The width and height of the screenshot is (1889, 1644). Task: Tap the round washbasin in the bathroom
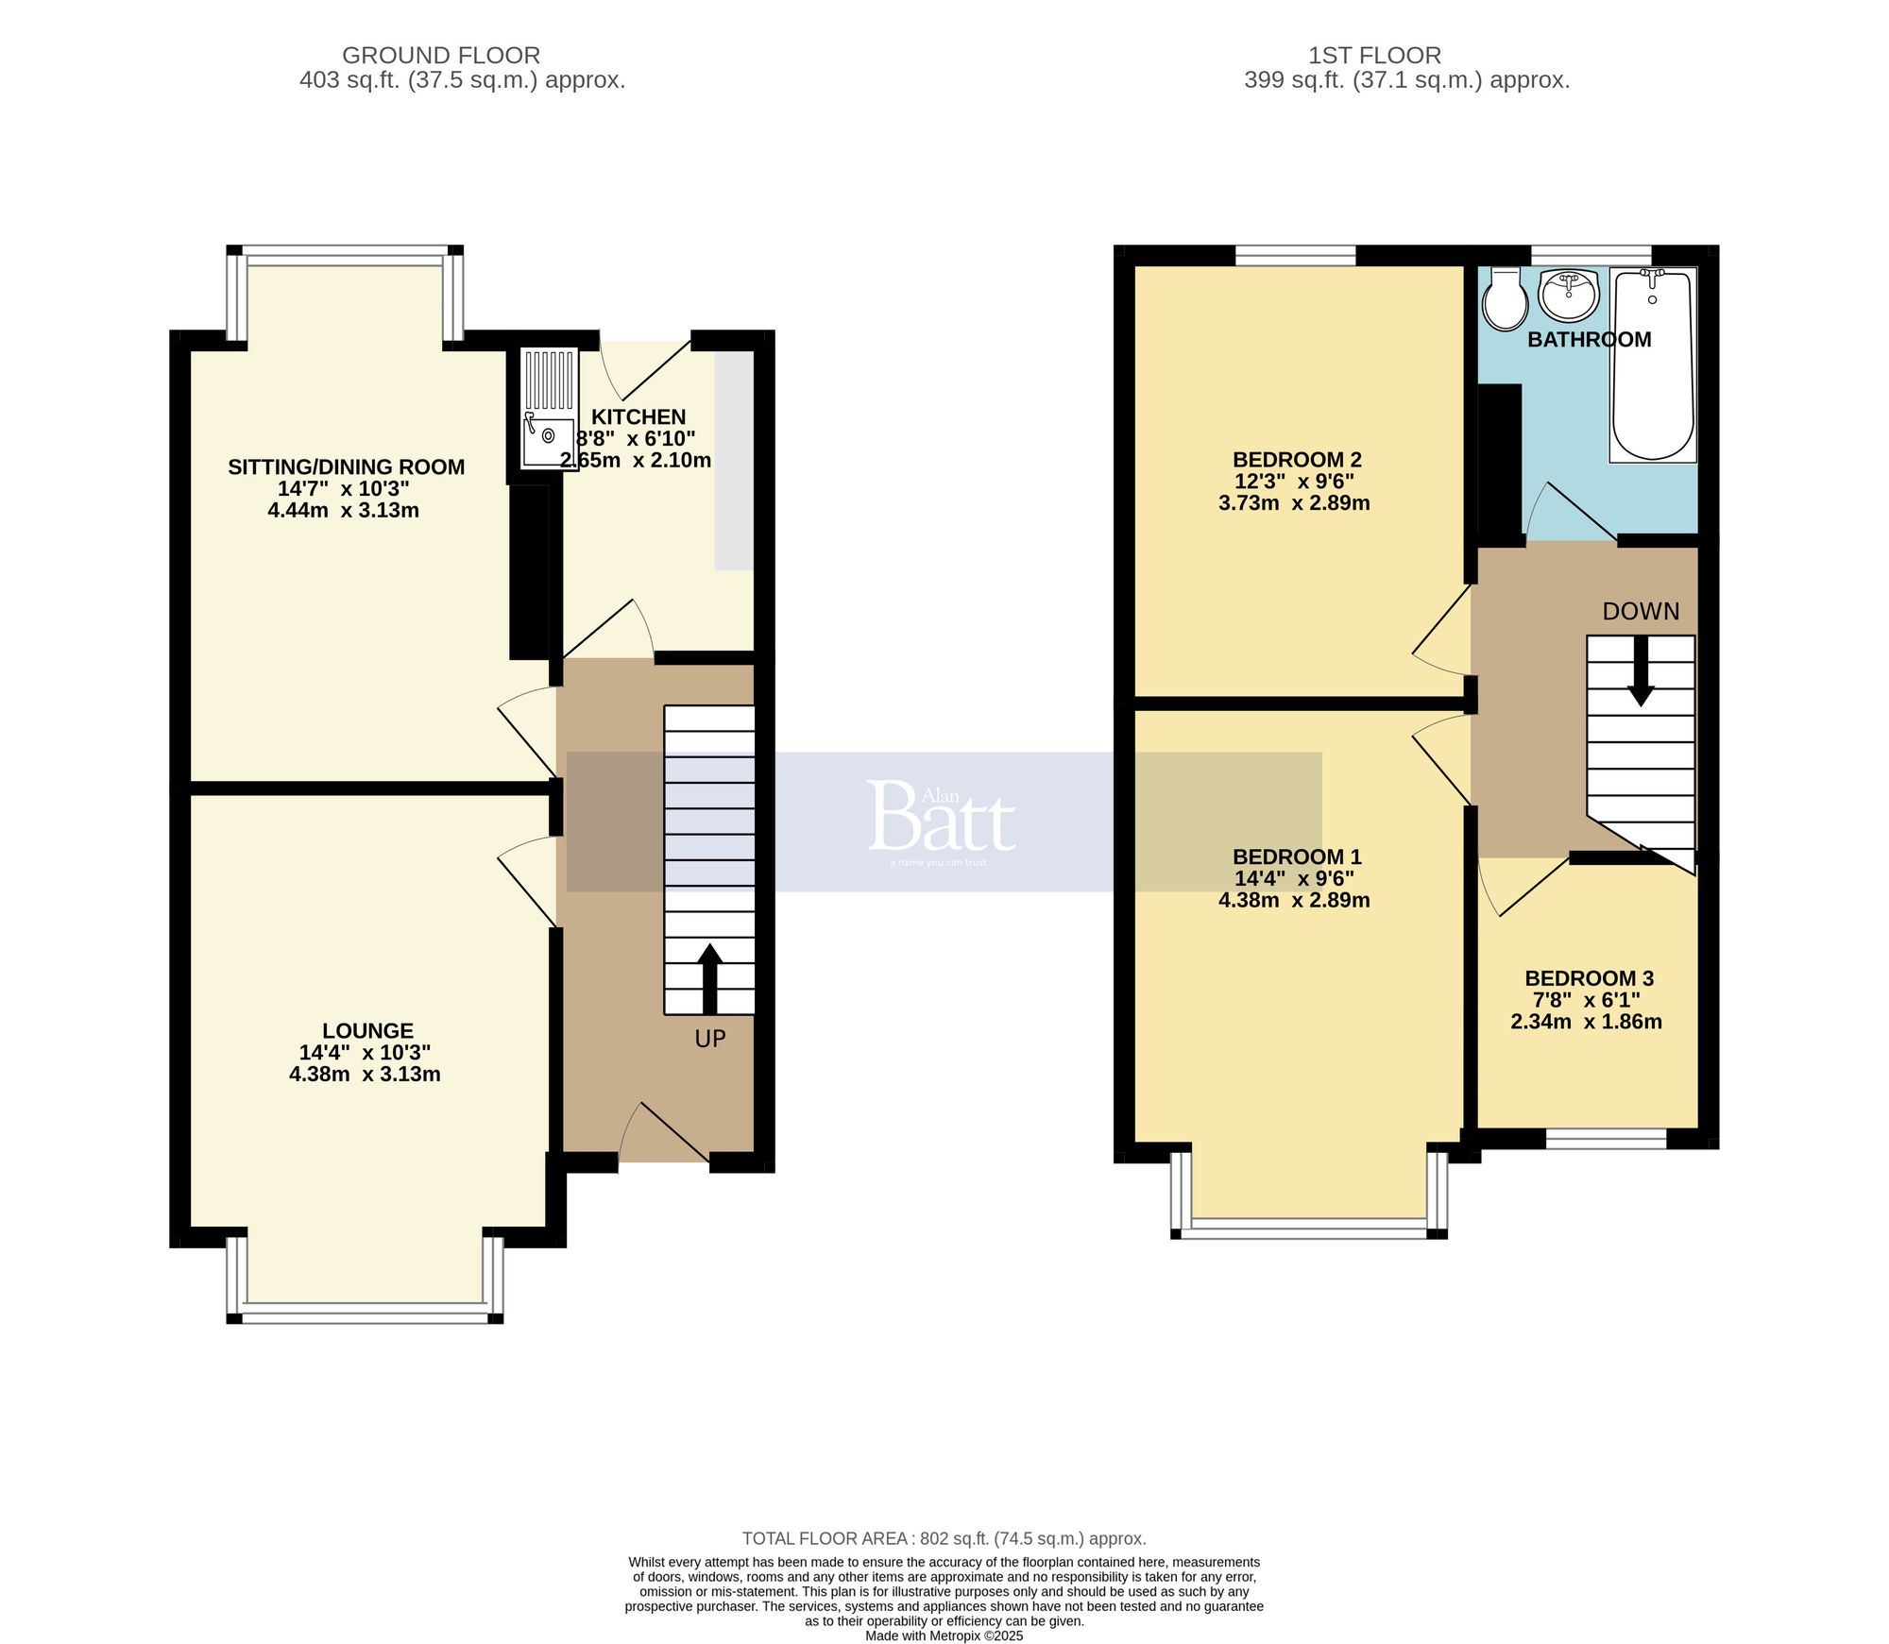[x=1569, y=294]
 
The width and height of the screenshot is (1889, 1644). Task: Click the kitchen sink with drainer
[x=549, y=409]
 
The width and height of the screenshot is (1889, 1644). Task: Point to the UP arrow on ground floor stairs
[x=709, y=977]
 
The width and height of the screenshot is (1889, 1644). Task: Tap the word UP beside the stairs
[x=710, y=1039]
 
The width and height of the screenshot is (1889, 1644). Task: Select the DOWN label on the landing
[x=1641, y=612]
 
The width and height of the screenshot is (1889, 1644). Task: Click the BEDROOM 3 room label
[x=1589, y=978]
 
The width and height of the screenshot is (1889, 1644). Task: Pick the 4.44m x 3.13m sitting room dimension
[x=344, y=511]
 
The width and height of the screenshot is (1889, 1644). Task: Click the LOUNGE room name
[x=367, y=1031]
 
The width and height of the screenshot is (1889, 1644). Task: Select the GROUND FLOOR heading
[x=441, y=56]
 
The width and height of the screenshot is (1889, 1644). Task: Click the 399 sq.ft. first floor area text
[x=1406, y=80]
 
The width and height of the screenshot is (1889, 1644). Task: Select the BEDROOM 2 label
[x=1296, y=460]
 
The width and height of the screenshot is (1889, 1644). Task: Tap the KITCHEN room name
[x=638, y=416]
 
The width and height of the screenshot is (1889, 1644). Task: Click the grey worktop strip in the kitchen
[x=733, y=461]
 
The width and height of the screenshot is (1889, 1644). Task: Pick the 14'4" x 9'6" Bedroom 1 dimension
[x=1294, y=878]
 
